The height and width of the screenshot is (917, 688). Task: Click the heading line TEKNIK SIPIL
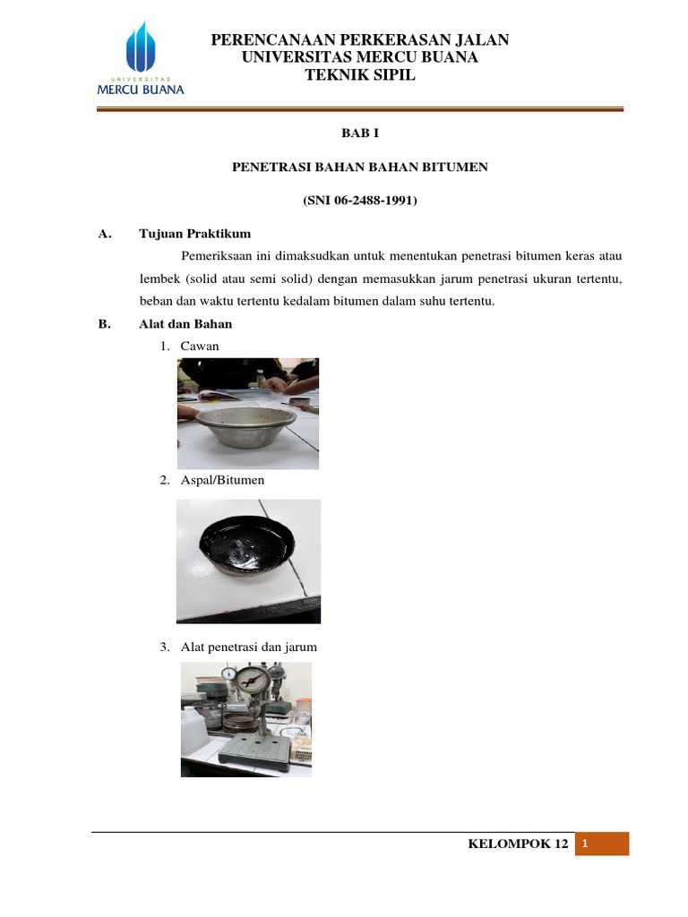pyautogui.click(x=360, y=75)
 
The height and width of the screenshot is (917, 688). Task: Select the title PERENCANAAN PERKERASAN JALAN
pyautogui.click(x=360, y=39)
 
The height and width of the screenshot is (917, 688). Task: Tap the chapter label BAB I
pyautogui.click(x=360, y=133)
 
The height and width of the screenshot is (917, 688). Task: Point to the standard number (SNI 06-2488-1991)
pyautogui.click(x=360, y=201)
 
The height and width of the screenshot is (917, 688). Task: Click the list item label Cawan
pyautogui.click(x=200, y=346)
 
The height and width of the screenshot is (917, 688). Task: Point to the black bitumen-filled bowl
pyautogui.click(x=248, y=550)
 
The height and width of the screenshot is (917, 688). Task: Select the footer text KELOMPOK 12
pyautogui.click(x=518, y=845)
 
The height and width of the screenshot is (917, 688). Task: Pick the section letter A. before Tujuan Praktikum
pyautogui.click(x=104, y=235)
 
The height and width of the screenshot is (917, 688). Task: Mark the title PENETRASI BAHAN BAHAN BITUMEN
pyautogui.click(x=360, y=167)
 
